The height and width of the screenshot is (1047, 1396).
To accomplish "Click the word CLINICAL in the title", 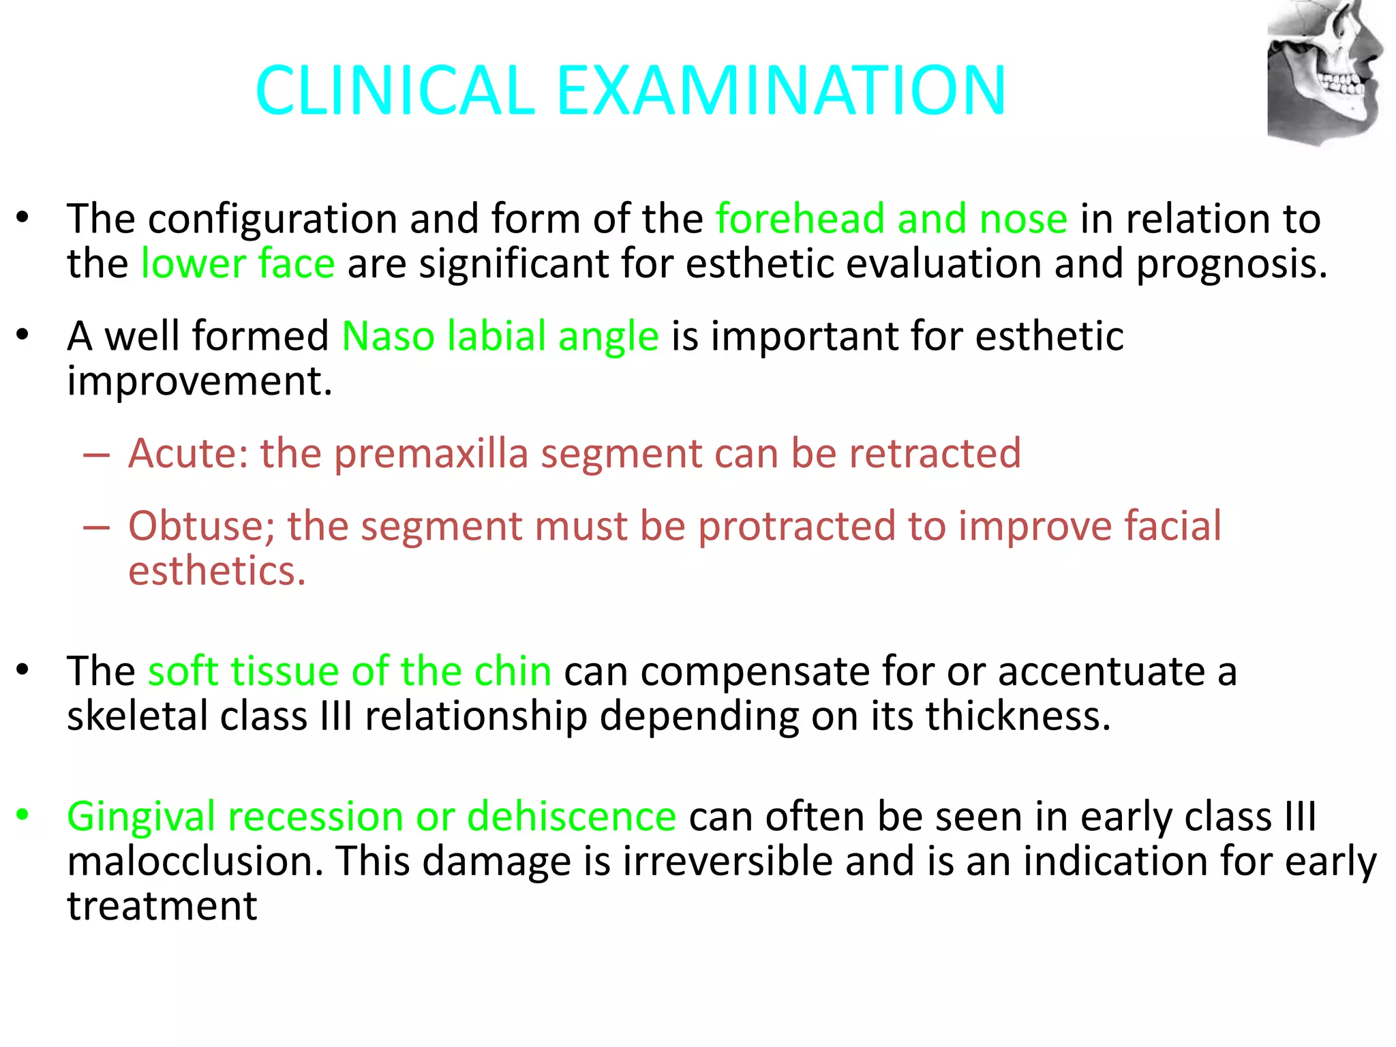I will pyautogui.click(x=395, y=91).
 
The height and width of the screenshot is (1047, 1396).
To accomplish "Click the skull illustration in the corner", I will pyautogui.click(x=1324, y=72).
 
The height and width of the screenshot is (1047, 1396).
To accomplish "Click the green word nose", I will pyautogui.click(x=1023, y=219).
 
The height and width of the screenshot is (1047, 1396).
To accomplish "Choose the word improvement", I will pyautogui.click(x=200, y=381).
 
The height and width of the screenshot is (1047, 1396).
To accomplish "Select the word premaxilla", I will pyautogui.click(x=431, y=455).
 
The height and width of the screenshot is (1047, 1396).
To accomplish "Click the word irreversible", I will pyautogui.click(x=727, y=861).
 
